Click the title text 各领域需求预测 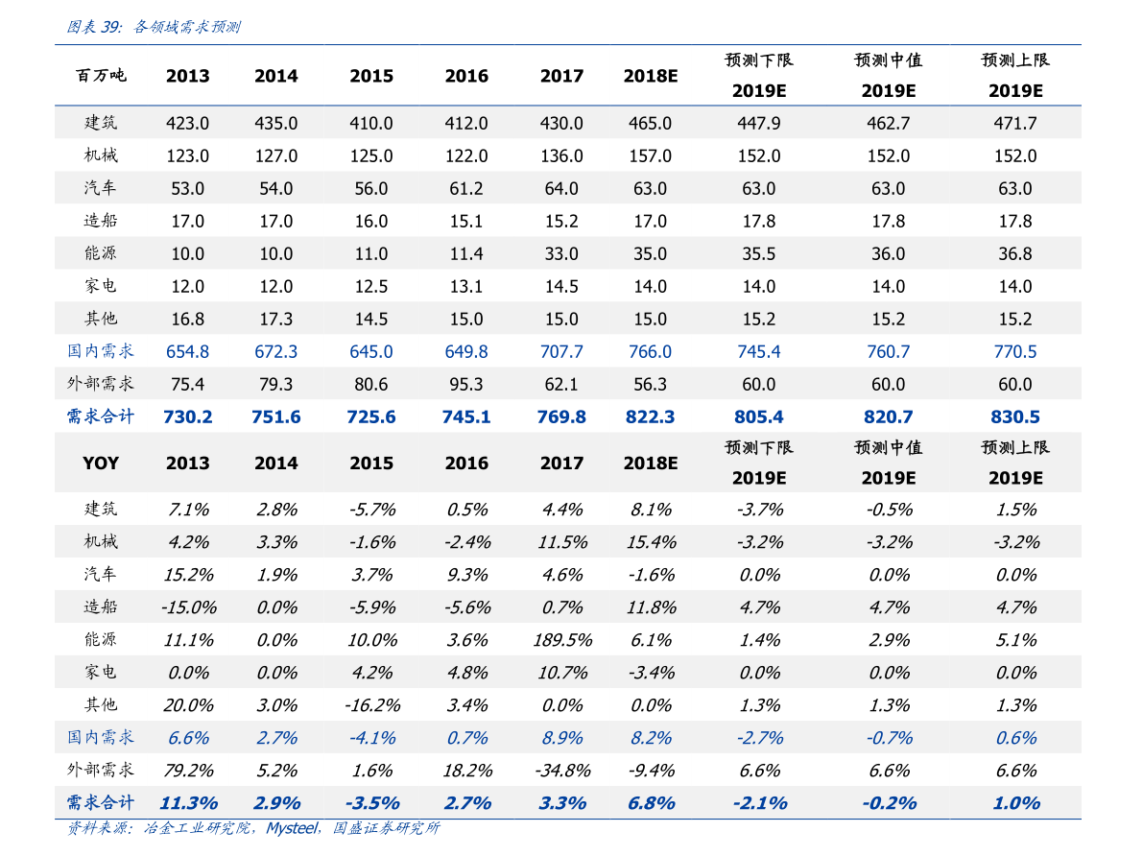click(187, 27)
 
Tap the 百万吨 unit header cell click(101, 75)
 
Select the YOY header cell click(101, 463)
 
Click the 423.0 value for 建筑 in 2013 click(187, 123)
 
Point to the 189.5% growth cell click(562, 640)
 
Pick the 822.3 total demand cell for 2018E click(651, 417)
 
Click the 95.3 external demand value click(466, 384)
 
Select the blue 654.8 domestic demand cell click(187, 351)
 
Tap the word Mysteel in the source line click(293, 828)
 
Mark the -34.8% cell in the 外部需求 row click(562, 771)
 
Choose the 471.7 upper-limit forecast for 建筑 click(1015, 123)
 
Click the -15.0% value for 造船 click(189, 607)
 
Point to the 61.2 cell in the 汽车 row click(466, 188)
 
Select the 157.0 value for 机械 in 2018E click(651, 156)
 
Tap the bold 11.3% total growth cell click(189, 803)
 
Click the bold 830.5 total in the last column click(1015, 417)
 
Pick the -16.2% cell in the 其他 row click(372, 705)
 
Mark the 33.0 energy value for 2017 click(561, 253)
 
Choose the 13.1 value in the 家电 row click(466, 287)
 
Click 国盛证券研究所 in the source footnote click(387, 828)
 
